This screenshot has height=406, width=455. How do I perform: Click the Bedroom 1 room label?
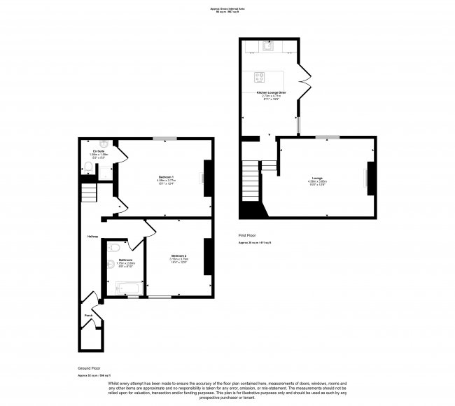click(x=166, y=176)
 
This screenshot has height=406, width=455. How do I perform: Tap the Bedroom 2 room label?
click(x=179, y=257)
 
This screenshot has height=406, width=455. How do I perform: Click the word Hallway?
click(x=92, y=236)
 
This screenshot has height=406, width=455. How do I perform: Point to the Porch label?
click(x=88, y=315)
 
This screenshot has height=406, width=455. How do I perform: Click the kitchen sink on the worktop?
click(x=267, y=47)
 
